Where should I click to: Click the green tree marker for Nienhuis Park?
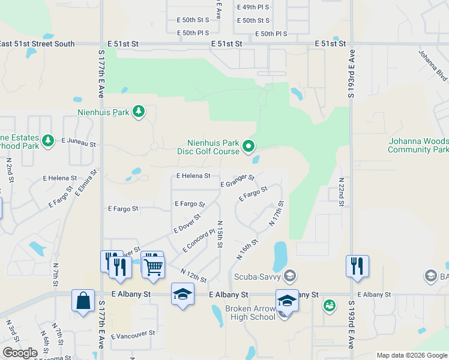[139, 111]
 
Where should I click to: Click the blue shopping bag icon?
[83, 301]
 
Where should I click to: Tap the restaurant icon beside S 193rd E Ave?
[357, 265]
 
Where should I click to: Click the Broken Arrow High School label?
[250, 313]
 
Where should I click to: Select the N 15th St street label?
[220, 231]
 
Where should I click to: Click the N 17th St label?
[277, 214]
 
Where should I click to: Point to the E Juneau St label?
[79, 142]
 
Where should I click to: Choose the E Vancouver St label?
[133, 334]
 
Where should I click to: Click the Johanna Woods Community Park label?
[418, 145]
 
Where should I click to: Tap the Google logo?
[20, 353]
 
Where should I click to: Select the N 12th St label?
[193, 276]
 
